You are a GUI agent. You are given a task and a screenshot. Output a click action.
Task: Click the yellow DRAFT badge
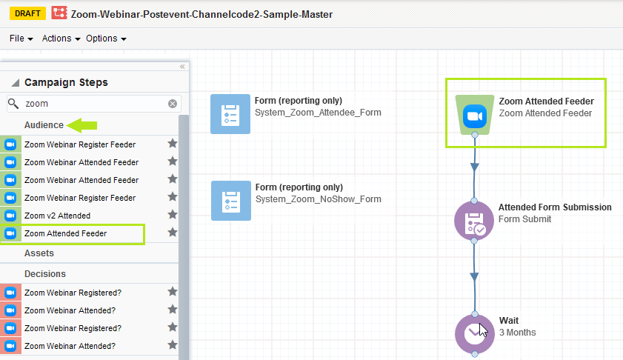(27, 13)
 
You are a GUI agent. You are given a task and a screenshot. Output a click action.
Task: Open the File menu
(20, 39)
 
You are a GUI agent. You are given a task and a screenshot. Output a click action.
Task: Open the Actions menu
(61, 39)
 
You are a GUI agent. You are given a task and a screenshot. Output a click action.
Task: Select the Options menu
(106, 39)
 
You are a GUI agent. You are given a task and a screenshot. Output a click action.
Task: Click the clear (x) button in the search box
(173, 104)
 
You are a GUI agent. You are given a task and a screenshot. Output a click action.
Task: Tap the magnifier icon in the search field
(13, 104)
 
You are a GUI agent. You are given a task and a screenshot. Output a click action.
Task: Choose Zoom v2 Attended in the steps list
(57, 216)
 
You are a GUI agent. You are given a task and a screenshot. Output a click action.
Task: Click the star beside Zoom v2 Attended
(173, 215)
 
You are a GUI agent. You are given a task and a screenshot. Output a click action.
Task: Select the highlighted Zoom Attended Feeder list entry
(65, 233)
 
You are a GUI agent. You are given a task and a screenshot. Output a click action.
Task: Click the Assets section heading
(39, 253)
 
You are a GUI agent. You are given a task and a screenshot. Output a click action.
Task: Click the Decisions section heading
(45, 274)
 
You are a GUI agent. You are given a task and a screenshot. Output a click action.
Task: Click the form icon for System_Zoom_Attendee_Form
(230, 113)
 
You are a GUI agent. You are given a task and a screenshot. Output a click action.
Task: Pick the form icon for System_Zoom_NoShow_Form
(230, 201)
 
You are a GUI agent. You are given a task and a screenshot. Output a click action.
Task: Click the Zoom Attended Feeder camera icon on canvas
(473, 116)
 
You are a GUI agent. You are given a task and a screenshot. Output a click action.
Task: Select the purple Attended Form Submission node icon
(473, 220)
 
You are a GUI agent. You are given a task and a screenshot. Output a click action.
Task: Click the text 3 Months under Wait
(517, 333)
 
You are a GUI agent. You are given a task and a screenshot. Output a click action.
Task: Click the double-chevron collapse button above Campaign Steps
(182, 67)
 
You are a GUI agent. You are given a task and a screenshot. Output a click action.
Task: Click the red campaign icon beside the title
(59, 13)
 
